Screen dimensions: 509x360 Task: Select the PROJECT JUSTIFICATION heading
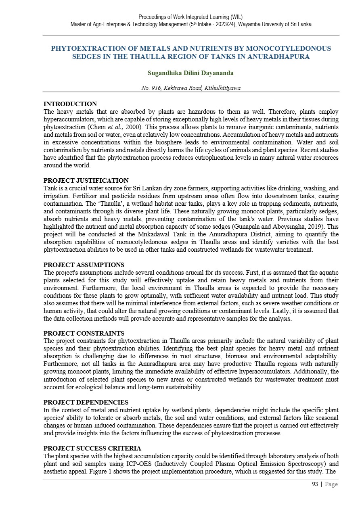point(86,181)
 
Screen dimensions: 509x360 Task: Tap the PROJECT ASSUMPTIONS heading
point(84,265)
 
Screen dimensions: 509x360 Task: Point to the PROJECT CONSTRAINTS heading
point(84,334)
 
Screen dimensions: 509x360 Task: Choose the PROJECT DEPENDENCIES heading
point(86,402)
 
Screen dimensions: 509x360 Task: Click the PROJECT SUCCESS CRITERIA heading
point(92,449)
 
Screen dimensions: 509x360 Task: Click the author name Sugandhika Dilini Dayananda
point(191,73)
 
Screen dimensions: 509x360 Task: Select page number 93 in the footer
point(315,484)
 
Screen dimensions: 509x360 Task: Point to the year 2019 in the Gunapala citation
point(310,227)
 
